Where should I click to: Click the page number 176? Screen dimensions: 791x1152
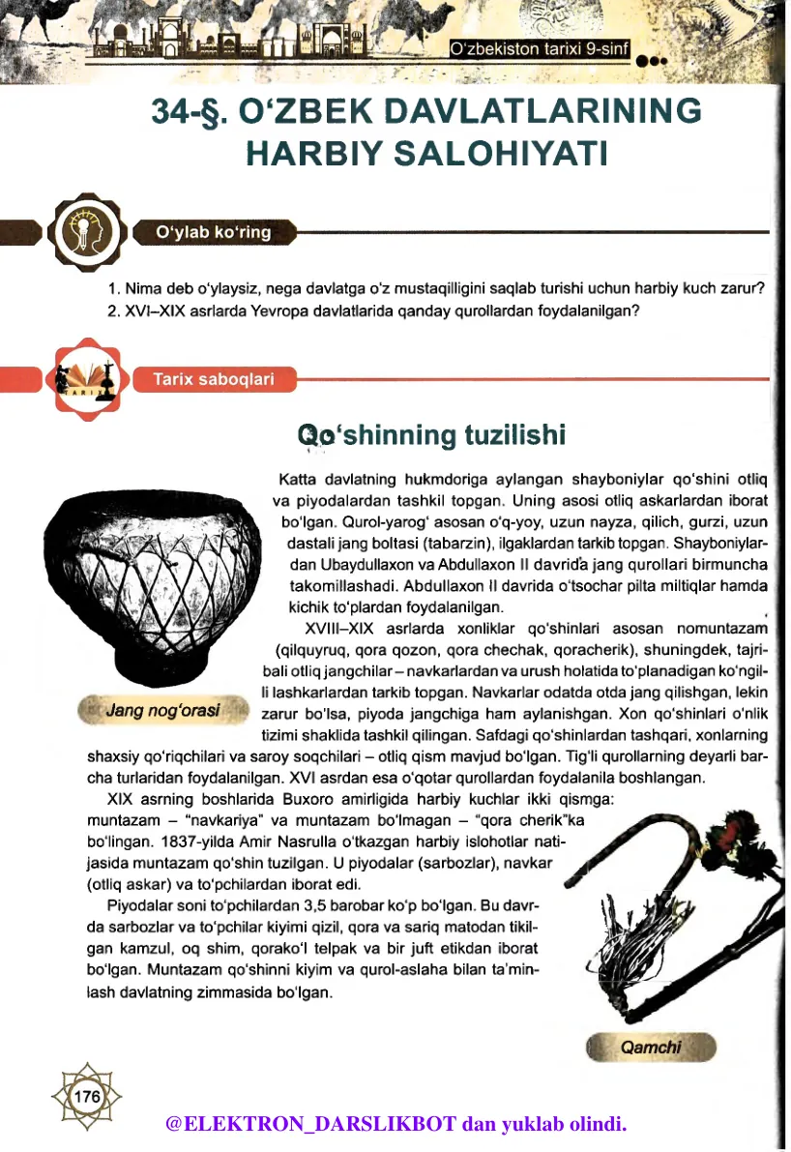[x=87, y=1097]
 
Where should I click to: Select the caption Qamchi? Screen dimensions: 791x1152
[x=651, y=1048]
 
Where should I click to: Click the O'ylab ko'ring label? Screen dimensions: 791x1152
[x=214, y=232]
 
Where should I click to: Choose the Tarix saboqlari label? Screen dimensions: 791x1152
[x=213, y=379]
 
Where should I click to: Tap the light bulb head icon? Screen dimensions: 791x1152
[x=87, y=232]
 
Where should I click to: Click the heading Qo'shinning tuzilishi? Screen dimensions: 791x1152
[x=431, y=435]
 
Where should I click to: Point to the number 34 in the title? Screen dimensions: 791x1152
[x=174, y=112]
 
